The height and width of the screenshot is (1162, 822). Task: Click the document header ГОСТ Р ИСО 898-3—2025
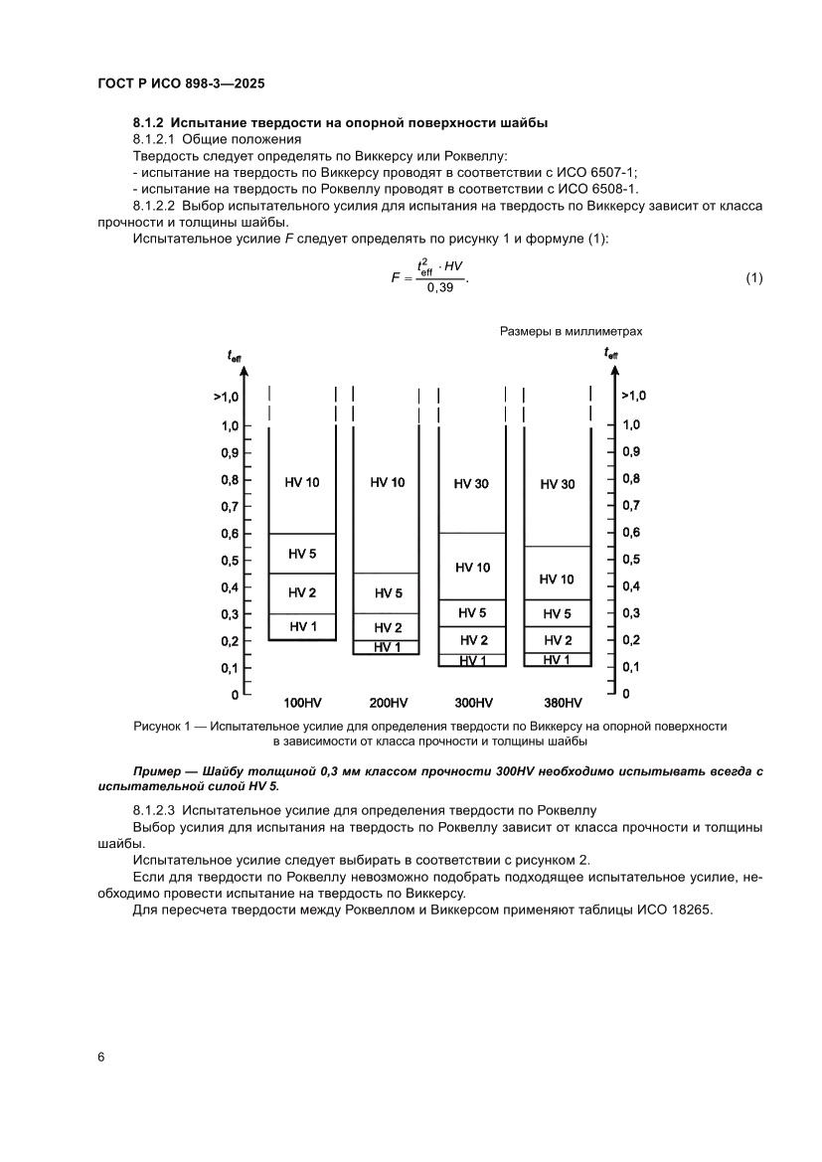(180, 84)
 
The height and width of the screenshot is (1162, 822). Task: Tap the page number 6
(100, 1056)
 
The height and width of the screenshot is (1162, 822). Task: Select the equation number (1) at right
(753, 277)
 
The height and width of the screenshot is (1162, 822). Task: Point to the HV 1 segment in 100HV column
(303, 626)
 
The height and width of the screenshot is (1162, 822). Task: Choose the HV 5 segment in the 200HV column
(388, 593)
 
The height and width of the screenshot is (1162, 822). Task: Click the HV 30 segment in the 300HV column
(472, 484)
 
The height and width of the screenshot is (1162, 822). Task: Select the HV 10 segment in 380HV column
(557, 579)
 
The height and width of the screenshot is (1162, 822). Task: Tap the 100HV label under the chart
(303, 702)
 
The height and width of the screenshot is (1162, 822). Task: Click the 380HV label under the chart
(557, 702)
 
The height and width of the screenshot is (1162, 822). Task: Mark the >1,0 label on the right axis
(633, 396)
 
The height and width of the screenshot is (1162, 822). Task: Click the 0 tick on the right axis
(626, 693)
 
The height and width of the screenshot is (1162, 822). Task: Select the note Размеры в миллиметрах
(571, 332)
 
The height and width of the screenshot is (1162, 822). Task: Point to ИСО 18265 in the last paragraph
(672, 910)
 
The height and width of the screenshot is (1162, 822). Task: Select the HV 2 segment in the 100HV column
(303, 593)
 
